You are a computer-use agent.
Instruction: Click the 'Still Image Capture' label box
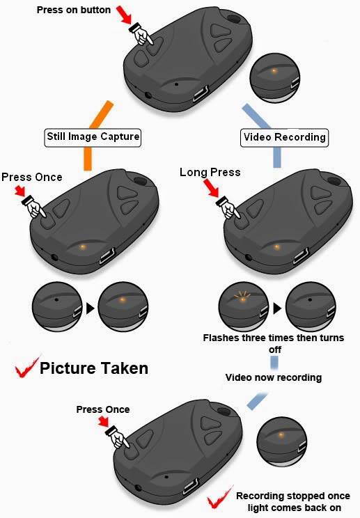[93, 137]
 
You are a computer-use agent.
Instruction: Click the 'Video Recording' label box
[284, 137]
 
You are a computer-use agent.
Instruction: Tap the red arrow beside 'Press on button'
[124, 15]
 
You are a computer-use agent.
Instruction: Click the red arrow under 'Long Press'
[211, 188]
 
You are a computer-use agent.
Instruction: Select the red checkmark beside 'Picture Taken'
[26, 368]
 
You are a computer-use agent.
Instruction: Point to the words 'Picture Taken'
[94, 368]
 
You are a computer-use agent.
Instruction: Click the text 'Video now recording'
[274, 377]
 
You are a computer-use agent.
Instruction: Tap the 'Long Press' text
[210, 173]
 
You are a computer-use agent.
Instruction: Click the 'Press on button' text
[74, 10]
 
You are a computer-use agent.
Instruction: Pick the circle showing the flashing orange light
[244, 307]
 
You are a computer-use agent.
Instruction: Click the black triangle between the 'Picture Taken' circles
[90, 308]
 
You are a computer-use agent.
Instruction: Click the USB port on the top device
[201, 94]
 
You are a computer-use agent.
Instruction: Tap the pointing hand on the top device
[141, 34]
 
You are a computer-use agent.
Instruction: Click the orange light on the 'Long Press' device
[276, 246]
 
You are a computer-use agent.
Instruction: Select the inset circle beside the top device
[275, 78]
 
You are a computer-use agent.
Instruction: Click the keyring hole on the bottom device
[225, 412]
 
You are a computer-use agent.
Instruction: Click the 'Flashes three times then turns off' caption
[274, 343]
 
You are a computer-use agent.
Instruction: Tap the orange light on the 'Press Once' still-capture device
[84, 246]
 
